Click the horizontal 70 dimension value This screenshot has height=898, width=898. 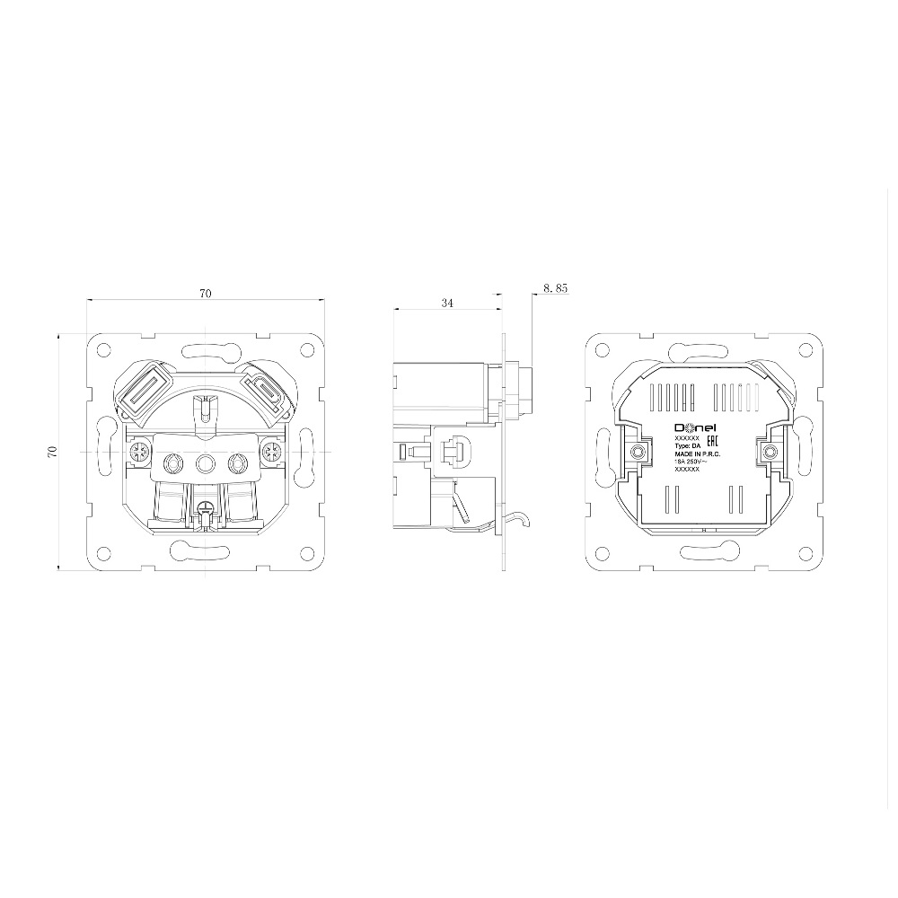pos(206,294)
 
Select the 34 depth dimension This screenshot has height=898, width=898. pos(446,304)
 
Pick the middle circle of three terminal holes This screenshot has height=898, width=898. pos(206,463)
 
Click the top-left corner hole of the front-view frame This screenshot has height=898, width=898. pos(104,348)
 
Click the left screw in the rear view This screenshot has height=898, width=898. pos(638,452)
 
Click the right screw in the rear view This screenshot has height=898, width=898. pos(770,452)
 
